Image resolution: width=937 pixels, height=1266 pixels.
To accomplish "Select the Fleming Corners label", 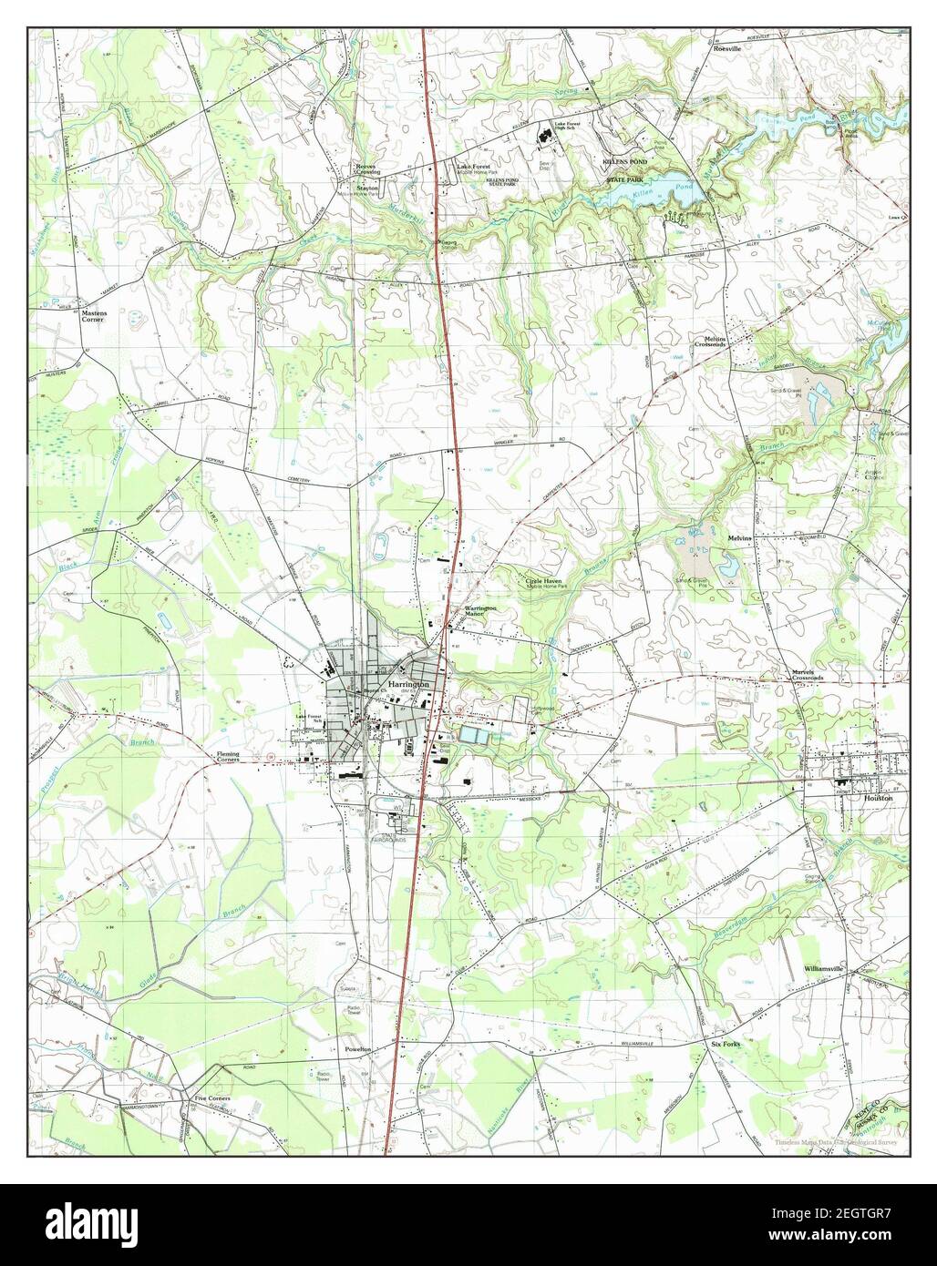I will (227, 757).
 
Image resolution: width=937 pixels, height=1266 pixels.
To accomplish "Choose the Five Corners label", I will (211, 1099).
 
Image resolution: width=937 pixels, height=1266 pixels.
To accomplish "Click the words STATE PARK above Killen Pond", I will (626, 180).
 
